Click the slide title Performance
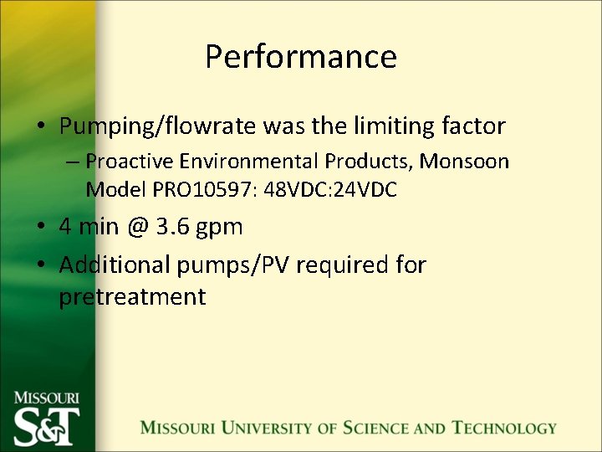[x=300, y=57]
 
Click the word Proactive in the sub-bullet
[x=126, y=161]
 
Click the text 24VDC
[x=364, y=189]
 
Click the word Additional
[x=114, y=265]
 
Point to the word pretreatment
[x=132, y=297]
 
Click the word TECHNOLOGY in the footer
[x=505, y=428]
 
